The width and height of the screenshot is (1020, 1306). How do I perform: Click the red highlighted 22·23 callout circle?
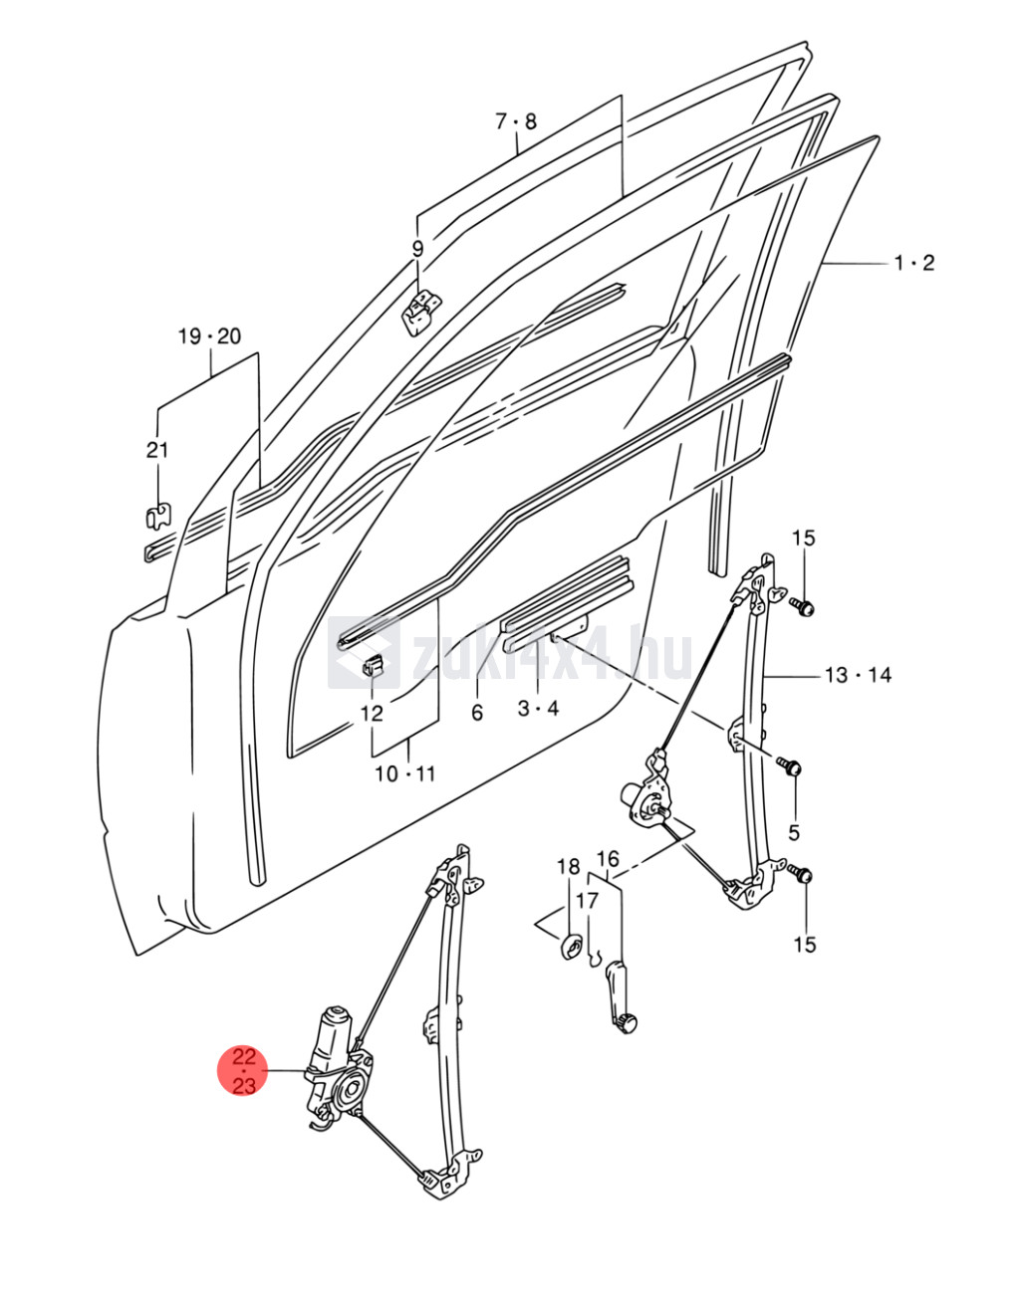[244, 1070]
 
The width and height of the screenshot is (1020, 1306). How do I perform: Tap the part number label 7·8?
[516, 121]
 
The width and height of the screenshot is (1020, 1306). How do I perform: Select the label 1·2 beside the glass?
[913, 263]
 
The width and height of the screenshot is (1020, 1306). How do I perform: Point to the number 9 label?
[418, 249]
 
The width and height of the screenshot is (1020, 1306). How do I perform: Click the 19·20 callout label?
[210, 336]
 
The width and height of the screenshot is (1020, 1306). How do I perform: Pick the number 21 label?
[157, 450]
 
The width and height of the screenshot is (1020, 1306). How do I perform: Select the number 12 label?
[372, 713]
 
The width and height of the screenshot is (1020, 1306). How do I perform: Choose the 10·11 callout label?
[405, 773]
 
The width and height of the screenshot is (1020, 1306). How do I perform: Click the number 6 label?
[477, 713]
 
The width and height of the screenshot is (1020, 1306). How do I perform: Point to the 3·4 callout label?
[538, 709]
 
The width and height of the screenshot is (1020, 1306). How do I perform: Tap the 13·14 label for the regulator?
[858, 675]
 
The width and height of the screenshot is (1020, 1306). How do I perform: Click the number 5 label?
[794, 831]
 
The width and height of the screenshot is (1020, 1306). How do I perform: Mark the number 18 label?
[568, 866]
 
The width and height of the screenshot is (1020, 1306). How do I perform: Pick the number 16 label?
[608, 858]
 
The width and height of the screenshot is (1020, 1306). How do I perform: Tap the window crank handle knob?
[625, 1022]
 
